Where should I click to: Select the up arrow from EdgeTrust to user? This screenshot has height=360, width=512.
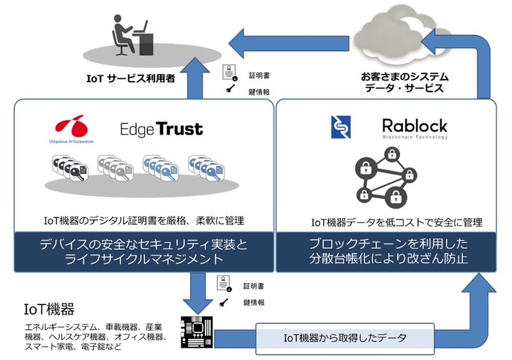coord(195,80)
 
